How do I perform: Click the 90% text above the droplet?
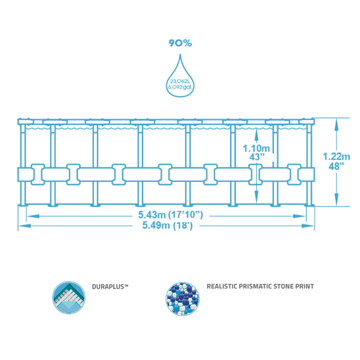click(x=180, y=43)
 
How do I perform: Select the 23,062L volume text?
click(x=180, y=83)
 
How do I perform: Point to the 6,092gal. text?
click(x=180, y=89)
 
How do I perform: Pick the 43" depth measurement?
click(x=256, y=158)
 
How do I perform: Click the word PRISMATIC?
click(x=259, y=287)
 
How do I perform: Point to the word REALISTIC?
click(x=223, y=287)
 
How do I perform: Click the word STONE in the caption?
click(x=289, y=287)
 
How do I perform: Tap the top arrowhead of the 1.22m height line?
click(x=337, y=120)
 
